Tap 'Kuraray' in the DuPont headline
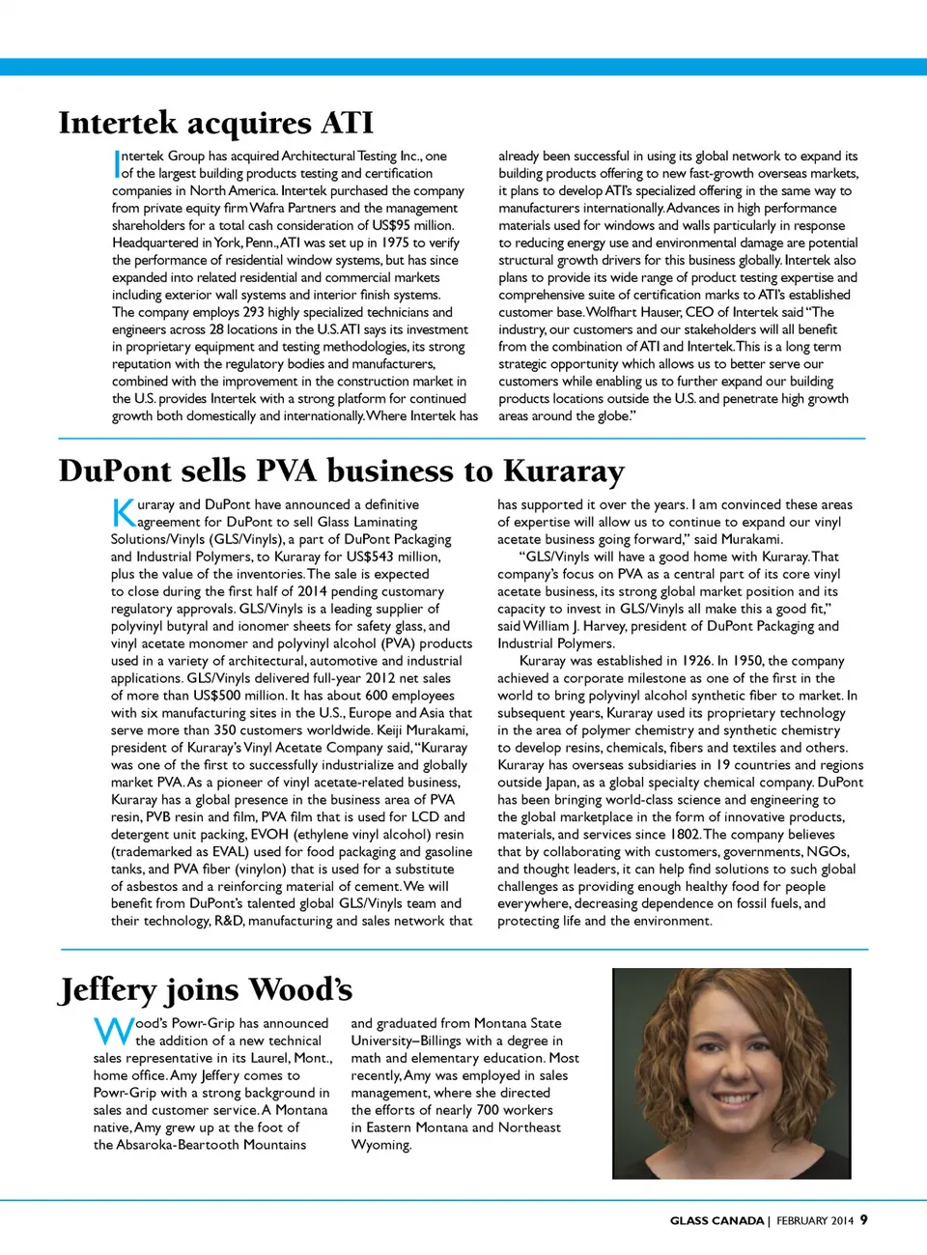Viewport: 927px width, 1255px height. click(564, 471)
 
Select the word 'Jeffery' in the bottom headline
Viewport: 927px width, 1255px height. click(108, 990)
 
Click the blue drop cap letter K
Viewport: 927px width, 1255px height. click(124, 512)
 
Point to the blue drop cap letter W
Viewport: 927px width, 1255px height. click(113, 1031)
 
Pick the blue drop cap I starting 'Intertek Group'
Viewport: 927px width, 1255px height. click(116, 163)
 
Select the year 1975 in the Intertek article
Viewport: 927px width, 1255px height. click(396, 242)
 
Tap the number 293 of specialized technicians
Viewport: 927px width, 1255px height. click(253, 312)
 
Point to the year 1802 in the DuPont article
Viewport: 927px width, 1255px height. click(684, 834)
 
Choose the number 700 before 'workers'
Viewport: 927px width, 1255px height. click(488, 1110)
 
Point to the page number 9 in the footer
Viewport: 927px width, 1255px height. click(863, 1219)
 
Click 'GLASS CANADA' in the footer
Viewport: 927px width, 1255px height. click(716, 1220)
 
